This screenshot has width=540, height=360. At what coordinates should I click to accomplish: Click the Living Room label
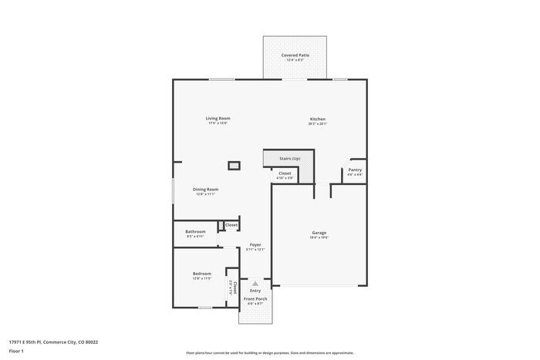218,118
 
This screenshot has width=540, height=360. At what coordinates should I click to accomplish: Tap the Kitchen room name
317,118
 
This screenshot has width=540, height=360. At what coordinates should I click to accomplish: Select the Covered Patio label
295,56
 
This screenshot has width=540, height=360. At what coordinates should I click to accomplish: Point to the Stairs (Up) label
290,158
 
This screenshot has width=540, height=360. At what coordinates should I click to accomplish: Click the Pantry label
355,170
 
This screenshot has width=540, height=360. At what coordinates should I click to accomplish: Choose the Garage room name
319,232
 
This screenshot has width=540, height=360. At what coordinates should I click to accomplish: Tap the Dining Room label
206,189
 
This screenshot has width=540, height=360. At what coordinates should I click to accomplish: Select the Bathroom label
195,231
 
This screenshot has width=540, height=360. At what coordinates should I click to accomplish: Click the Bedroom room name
202,273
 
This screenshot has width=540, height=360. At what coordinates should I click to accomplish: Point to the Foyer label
255,244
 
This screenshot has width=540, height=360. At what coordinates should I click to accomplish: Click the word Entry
255,291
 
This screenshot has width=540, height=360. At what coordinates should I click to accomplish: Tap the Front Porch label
255,298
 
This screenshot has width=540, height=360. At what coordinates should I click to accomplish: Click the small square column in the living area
234,165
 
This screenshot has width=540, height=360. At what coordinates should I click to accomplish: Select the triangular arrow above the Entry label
255,284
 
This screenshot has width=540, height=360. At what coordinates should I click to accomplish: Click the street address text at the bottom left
53,341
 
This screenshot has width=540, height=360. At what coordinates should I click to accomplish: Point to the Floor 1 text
17,351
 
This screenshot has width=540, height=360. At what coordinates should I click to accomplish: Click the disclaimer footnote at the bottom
269,352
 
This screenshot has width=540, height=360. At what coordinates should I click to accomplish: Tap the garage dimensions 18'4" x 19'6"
319,237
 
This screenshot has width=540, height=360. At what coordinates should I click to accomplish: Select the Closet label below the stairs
285,173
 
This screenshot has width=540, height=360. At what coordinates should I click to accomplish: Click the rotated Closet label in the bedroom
233,288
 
